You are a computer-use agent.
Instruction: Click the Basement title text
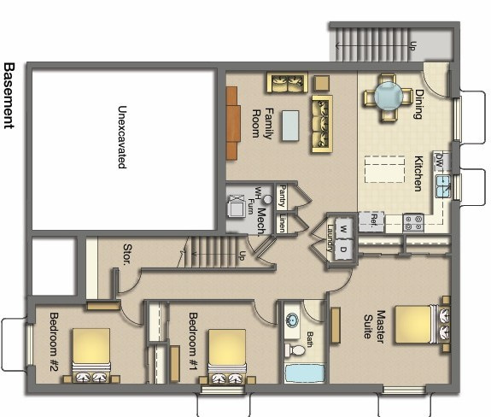click(9, 95)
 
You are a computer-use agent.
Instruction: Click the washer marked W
click(343, 229)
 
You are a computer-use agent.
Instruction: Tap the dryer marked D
click(343, 250)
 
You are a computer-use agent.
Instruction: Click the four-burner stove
click(413, 222)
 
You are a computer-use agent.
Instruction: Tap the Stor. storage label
click(126, 255)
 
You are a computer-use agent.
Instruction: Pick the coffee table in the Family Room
click(291, 126)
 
